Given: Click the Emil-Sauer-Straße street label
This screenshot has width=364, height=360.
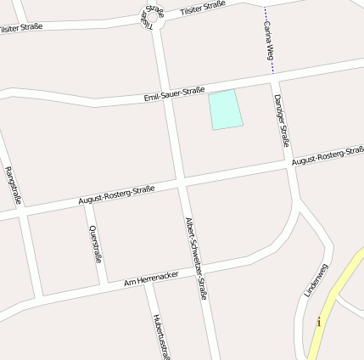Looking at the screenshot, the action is pos(174,95).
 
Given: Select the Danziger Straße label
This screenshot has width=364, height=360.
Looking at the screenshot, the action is pos(283,120).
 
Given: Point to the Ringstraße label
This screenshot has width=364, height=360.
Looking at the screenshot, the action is pos(13,186).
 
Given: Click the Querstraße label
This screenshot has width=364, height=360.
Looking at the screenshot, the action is pos(95,244).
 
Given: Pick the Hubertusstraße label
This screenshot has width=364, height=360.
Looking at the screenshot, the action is pos(160,335).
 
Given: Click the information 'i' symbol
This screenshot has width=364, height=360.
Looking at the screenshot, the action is pos(319,322).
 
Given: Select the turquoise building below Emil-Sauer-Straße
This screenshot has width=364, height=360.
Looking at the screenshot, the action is pos(225,110).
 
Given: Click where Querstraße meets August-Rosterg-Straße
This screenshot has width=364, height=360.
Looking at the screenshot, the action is pos(86,203).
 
